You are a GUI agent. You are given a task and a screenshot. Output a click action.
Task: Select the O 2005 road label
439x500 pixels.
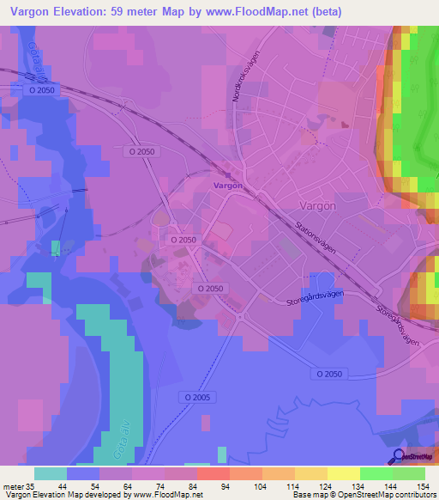(196, 397)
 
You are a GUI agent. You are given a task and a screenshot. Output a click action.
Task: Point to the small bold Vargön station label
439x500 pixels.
(227, 186)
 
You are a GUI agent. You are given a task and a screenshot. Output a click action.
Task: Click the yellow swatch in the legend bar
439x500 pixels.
(343, 473)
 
